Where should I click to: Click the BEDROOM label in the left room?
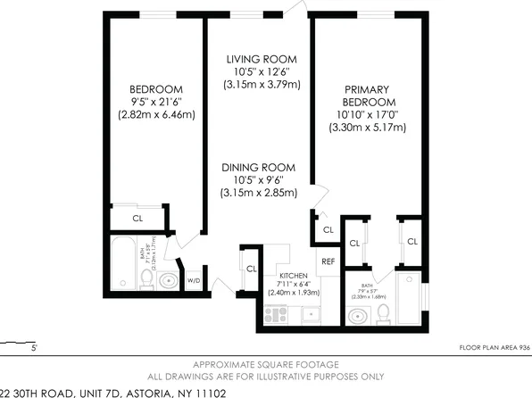pyautogui.click(x=156, y=88)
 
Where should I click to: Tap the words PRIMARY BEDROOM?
pyautogui.click(x=369, y=94)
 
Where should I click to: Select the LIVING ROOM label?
pyautogui.click(x=261, y=58)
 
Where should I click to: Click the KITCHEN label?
pyautogui.click(x=294, y=276)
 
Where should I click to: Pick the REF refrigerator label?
pyautogui.click(x=328, y=261)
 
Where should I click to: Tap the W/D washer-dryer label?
pyautogui.click(x=193, y=280)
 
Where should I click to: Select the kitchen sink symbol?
pyautogui.click(x=311, y=313)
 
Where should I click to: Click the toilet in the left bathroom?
pyautogui.click(x=146, y=278)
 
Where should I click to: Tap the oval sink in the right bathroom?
pyautogui.click(x=359, y=315)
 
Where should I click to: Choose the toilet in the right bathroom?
pyautogui.click(x=383, y=311)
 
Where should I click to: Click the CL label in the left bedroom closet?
pyautogui.click(x=137, y=216)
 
